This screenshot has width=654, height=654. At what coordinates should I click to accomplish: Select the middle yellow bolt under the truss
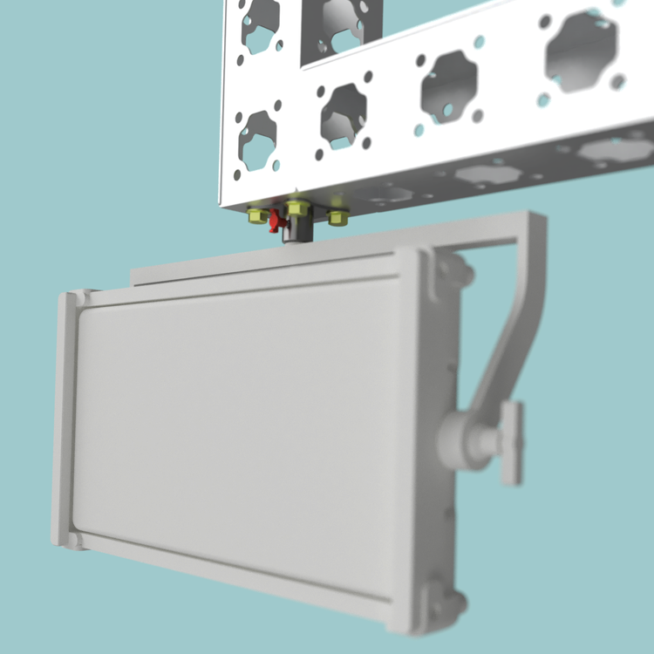click(x=296, y=209)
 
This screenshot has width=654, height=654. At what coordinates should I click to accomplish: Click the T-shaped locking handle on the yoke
click(x=511, y=443)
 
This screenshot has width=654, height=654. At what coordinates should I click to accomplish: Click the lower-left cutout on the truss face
click(x=258, y=140)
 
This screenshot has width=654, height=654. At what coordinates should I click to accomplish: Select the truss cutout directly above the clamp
click(x=344, y=113)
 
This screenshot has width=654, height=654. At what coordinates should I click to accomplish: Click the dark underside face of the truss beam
click(x=488, y=174)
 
